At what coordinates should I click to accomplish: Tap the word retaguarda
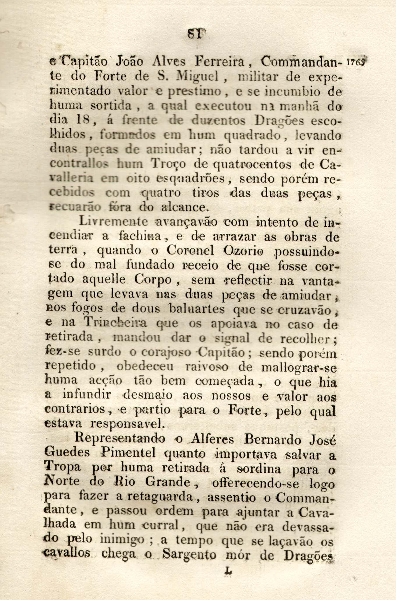(x=161, y=496)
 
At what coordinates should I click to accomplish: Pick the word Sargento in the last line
(x=189, y=555)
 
